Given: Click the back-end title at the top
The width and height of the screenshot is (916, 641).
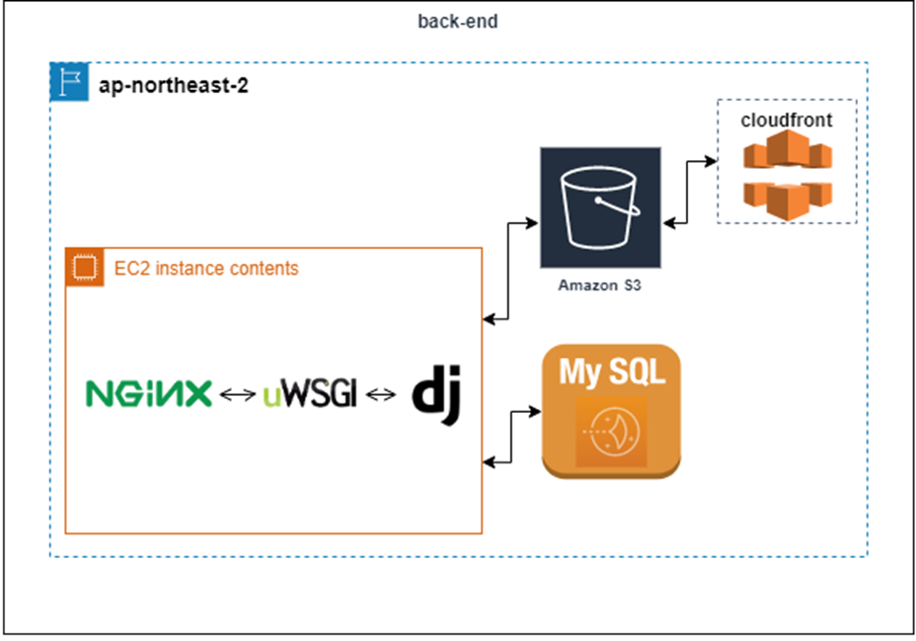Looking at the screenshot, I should (457, 22).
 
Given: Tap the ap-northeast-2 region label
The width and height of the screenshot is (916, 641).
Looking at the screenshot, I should (173, 86).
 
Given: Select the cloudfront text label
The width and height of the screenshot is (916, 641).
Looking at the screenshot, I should (786, 120).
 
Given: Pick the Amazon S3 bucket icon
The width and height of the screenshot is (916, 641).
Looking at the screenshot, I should (599, 206).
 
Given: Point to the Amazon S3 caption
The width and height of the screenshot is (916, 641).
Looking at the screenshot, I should (599, 285).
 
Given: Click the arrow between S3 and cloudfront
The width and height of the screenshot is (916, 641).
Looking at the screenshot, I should (688, 192).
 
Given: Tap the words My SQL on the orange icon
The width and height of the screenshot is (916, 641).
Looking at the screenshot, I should (611, 372).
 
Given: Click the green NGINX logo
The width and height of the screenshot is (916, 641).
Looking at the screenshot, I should (148, 394).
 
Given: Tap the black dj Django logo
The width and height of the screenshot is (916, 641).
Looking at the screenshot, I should (437, 395).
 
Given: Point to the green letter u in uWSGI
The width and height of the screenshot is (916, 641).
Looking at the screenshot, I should (272, 398).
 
